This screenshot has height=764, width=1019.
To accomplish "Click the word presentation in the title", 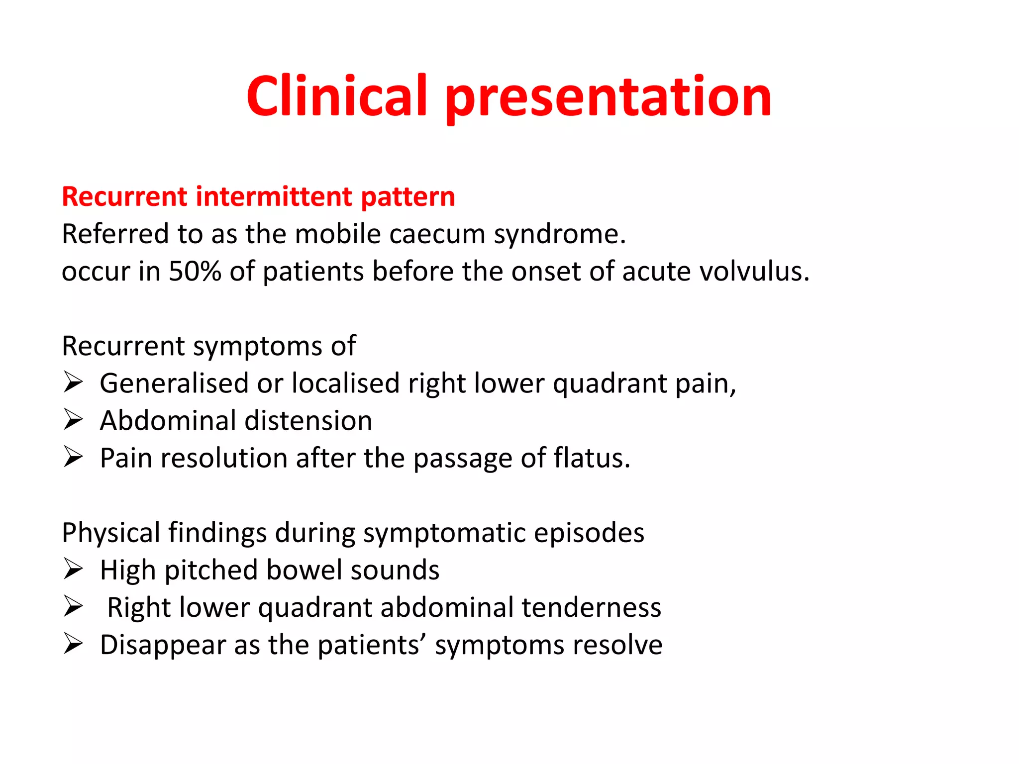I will pos(608,98).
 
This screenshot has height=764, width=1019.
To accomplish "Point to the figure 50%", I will pos(195,272).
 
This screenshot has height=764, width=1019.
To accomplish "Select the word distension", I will pos(308,421).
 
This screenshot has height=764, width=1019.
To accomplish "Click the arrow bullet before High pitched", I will pos(73,569).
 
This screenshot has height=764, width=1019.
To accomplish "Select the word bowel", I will pos(304,570).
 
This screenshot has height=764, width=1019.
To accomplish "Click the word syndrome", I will pos(559,235).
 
